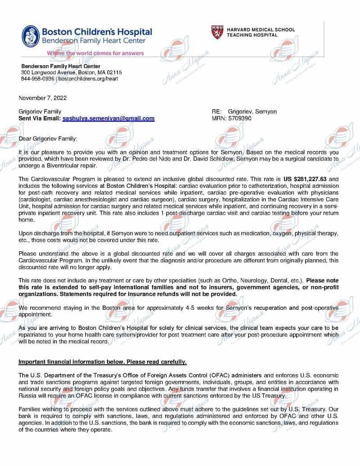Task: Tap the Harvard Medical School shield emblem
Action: tap(216, 32)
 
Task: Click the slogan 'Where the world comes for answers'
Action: tap(95, 53)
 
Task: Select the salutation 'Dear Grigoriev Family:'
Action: tap(48, 139)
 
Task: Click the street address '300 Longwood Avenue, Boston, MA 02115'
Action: tap(72, 72)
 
